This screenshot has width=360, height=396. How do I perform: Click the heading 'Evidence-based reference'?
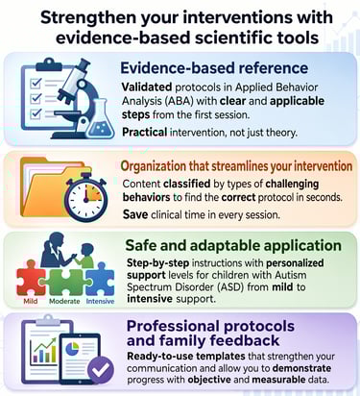(214, 68)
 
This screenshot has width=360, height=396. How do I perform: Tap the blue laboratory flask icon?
(101, 119)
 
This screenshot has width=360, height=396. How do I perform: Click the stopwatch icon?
(85, 197)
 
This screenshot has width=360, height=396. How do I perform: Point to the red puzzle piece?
(31, 278)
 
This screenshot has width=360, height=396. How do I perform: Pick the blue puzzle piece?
(100, 279)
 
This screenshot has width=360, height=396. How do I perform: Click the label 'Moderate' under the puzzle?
(64, 301)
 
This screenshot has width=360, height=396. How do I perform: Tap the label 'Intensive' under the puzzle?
(100, 301)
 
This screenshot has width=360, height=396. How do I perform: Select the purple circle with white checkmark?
(101, 370)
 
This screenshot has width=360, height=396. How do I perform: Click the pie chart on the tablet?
(72, 348)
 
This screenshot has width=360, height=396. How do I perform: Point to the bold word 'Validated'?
(147, 87)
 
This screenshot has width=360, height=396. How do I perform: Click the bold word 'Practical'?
(145, 132)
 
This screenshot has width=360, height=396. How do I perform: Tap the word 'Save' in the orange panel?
(135, 214)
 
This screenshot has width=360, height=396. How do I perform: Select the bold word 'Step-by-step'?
(158, 263)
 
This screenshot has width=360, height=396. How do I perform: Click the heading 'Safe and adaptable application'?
(233, 245)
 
